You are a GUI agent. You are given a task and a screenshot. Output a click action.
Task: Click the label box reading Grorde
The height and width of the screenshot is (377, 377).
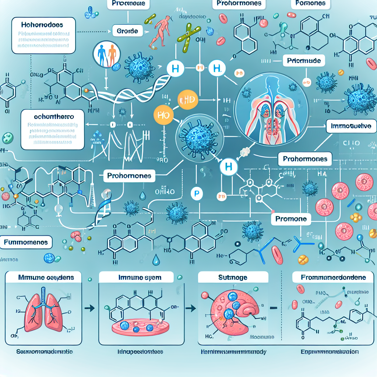coord(128,31)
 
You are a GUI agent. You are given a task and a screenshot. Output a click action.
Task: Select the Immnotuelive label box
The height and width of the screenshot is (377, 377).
coord(351,126)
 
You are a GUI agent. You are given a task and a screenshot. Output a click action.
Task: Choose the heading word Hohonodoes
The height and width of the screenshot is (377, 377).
coord(42,25)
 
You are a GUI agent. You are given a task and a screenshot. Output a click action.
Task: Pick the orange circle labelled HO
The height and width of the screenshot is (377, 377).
coord(162,114)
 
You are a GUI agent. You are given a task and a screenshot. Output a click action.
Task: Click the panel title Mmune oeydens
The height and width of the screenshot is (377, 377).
coord(46,277)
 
